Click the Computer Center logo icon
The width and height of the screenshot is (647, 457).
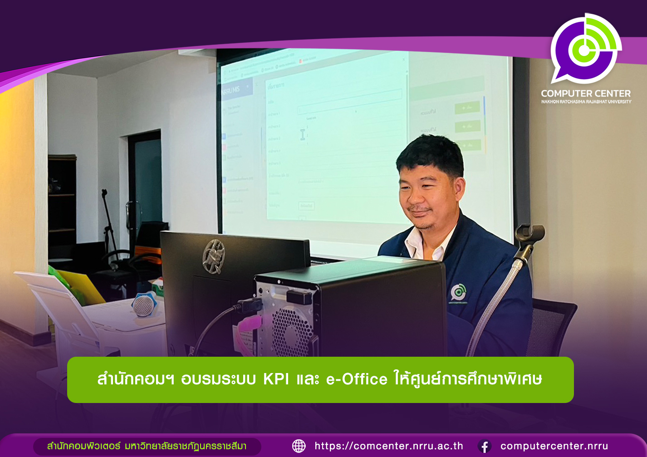click(585, 49)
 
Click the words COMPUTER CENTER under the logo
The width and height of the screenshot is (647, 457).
click(586, 93)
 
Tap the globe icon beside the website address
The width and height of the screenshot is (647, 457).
click(299, 446)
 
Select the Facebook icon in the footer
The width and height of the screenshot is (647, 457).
click(484, 447)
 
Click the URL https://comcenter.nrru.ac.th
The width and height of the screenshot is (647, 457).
click(389, 446)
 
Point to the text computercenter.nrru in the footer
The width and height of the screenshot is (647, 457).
click(554, 446)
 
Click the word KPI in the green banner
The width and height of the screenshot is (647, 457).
click(276, 379)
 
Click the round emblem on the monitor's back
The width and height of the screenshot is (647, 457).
click(213, 256)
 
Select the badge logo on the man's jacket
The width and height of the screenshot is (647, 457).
click(458, 293)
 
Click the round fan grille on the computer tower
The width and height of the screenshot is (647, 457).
click(292, 331)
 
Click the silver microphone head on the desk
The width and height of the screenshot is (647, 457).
click(144, 305)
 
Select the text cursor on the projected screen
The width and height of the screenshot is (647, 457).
click(303, 134)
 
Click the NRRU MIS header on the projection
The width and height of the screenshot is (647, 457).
click(232, 90)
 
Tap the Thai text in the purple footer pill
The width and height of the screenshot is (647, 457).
click(147, 446)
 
